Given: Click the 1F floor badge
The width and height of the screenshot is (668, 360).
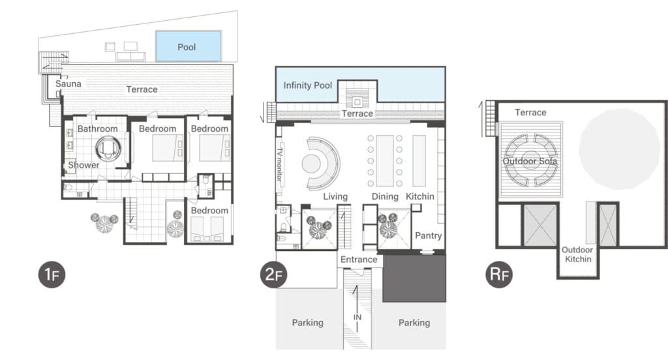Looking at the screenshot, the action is [x=52, y=275].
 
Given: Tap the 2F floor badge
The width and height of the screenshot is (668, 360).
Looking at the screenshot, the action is [x=273, y=275].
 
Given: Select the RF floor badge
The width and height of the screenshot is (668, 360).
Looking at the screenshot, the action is [x=499, y=275].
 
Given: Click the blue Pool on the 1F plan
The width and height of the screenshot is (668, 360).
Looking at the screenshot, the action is [x=189, y=46].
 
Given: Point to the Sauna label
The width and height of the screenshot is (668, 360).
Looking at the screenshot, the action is [x=68, y=84].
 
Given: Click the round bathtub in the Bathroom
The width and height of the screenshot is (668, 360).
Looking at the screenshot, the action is [x=108, y=148].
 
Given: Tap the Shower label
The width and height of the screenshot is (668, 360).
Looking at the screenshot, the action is [x=83, y=165].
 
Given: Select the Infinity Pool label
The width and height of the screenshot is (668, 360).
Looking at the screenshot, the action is [x=308, y=85].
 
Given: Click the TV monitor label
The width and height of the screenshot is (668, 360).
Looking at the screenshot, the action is [x=279, y=164].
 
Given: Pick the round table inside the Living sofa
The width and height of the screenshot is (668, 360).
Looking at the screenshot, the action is [x=311, y=164].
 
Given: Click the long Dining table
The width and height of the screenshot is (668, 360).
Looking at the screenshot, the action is [x=385, y=160].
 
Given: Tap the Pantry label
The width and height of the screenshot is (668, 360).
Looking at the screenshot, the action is [x=428, y=235].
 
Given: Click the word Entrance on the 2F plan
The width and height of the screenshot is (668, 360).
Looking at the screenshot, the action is [x=359, y=260].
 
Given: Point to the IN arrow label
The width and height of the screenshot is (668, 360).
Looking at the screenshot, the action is [x=357, y=317].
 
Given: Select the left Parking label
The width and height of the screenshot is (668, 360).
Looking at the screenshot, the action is [x=308, y=323].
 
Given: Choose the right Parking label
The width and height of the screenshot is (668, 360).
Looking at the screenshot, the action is [x=414, y=323].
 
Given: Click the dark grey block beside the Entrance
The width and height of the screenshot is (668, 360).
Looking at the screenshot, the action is [x=414, y=278].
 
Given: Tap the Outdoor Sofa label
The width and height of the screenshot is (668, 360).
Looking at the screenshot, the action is [x=530, y=161].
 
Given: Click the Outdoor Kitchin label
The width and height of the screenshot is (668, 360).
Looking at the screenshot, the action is [x=578, y=254].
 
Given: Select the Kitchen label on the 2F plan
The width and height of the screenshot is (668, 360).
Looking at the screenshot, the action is [x=420, y=196].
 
